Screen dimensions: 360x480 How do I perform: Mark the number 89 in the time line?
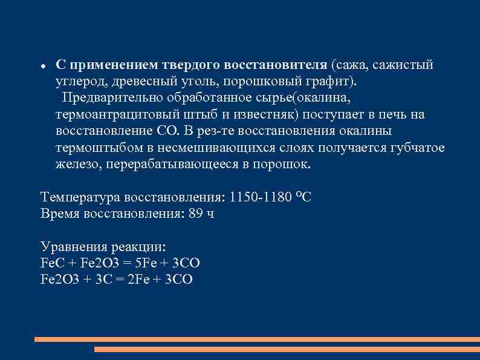click(x=196, y=214)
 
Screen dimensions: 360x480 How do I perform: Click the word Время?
click(x=59, y=214)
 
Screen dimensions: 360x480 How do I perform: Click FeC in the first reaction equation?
click(x=50, y=263)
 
